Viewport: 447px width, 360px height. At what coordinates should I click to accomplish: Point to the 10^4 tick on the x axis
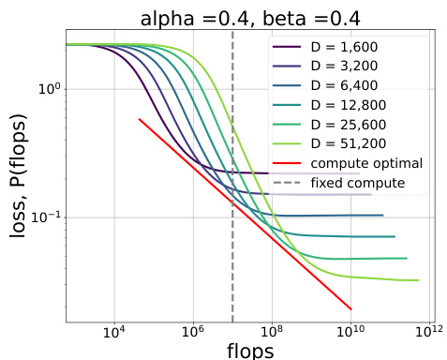[114, 331]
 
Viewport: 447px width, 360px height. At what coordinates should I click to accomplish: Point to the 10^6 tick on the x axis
[193, 331]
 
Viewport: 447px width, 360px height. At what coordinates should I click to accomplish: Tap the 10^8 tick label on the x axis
[272, 331]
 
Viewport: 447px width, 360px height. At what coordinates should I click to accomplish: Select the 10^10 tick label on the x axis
[350, 331]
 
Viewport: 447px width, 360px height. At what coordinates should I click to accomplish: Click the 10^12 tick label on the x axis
[429, 331]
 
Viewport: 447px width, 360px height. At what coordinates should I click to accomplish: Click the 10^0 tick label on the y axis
[47, 89]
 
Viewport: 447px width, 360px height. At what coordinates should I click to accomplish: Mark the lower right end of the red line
[351, 309]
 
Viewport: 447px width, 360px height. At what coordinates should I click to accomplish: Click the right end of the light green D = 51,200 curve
[418, 280]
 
